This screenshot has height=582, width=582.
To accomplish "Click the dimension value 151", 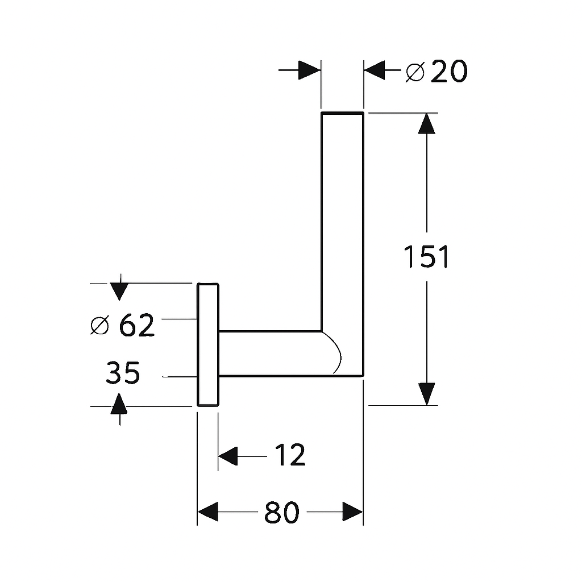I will point(426,257).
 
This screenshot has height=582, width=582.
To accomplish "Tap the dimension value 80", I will point(281,513).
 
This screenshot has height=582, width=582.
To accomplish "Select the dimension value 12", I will point(290,455).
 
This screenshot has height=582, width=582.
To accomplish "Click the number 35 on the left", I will point(123,373).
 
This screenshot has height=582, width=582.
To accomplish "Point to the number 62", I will point(137,326).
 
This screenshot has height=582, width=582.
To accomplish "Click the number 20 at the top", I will point(449,72).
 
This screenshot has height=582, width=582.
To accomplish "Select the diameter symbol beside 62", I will point(99,326).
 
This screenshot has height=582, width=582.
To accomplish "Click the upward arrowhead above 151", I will point(426,123).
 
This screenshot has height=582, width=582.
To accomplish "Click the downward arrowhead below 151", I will point(426,394).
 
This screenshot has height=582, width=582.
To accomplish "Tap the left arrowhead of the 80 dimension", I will point(207,512).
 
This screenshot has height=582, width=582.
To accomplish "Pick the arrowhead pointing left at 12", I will point(228,455).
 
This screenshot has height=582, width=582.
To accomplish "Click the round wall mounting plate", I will point(208,344).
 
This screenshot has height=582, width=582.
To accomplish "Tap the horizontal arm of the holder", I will point(267,353).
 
